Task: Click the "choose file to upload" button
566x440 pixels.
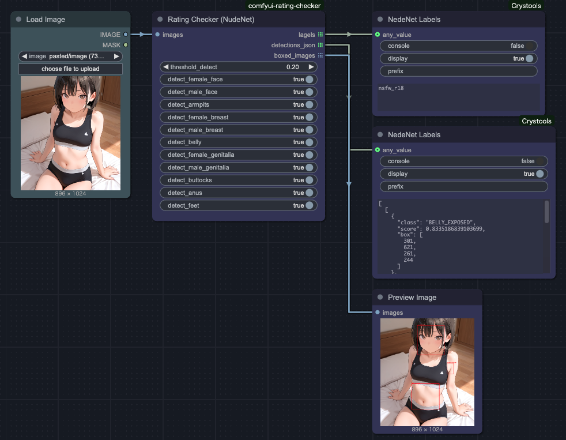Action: pyautogui.click(x=70, y=69)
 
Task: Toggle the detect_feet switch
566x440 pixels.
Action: pyautogui.click(x=310, y=205)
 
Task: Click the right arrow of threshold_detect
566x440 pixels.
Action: pyautogui.click(x=311, y=67)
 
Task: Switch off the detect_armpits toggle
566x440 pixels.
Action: pyautogui.click(x=310, y=104)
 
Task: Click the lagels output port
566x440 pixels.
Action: pyautogui.click(x=320, y=35)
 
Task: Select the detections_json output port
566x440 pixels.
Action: pyautogui.click(x=320, y=45)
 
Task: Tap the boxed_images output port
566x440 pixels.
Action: pyautogui.click(x=320, y=55)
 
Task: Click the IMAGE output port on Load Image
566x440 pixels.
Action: pyautogui.click(x=126, y=35)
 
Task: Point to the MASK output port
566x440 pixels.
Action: pyautogui.click(x=126, y=45)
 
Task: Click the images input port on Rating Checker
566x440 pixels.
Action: pyautogui.click(x=157, y=35)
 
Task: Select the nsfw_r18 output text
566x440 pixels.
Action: pyautogui.click(x=391, y=88)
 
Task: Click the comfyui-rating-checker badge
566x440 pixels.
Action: pyautogui.click(x=285, y=6)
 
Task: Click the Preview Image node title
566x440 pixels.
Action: pyautogui.click(x=412, y=298)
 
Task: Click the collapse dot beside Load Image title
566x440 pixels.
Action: pyautogui.click(x=19, y=19)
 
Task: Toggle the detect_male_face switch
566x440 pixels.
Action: pyautogui.click(x=310, y=92)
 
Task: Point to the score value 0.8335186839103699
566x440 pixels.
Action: pyautogui.click(x=454, y=229)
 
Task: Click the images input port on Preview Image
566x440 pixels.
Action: pyautogui.click(x=378, y=312)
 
